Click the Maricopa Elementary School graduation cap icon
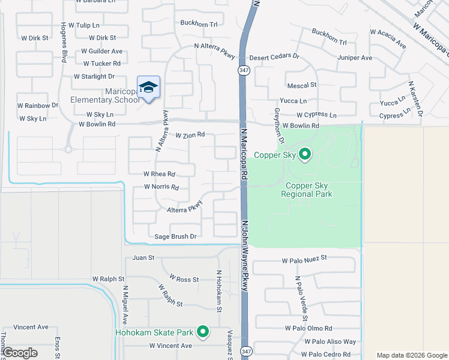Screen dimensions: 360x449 click(148, 88)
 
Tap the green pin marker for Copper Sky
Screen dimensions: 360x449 click(305, 154)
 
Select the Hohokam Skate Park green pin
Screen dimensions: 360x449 click(203, 331)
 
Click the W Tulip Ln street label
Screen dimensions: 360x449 click(84, 26)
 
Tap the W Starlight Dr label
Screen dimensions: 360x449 click(94, 77)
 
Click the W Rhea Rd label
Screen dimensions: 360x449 click(159, 174)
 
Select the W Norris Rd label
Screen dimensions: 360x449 click(161, 187)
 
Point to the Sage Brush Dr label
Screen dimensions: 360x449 click(176, 237)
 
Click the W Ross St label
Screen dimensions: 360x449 click(184, 279)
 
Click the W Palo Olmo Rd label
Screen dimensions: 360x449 click(309, 328)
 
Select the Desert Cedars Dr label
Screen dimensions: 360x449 click(274, 55)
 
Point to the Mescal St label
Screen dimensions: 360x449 click(301, 86)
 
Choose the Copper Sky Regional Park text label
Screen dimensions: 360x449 click(306, 190)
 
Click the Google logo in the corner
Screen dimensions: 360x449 click(20, 353)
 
